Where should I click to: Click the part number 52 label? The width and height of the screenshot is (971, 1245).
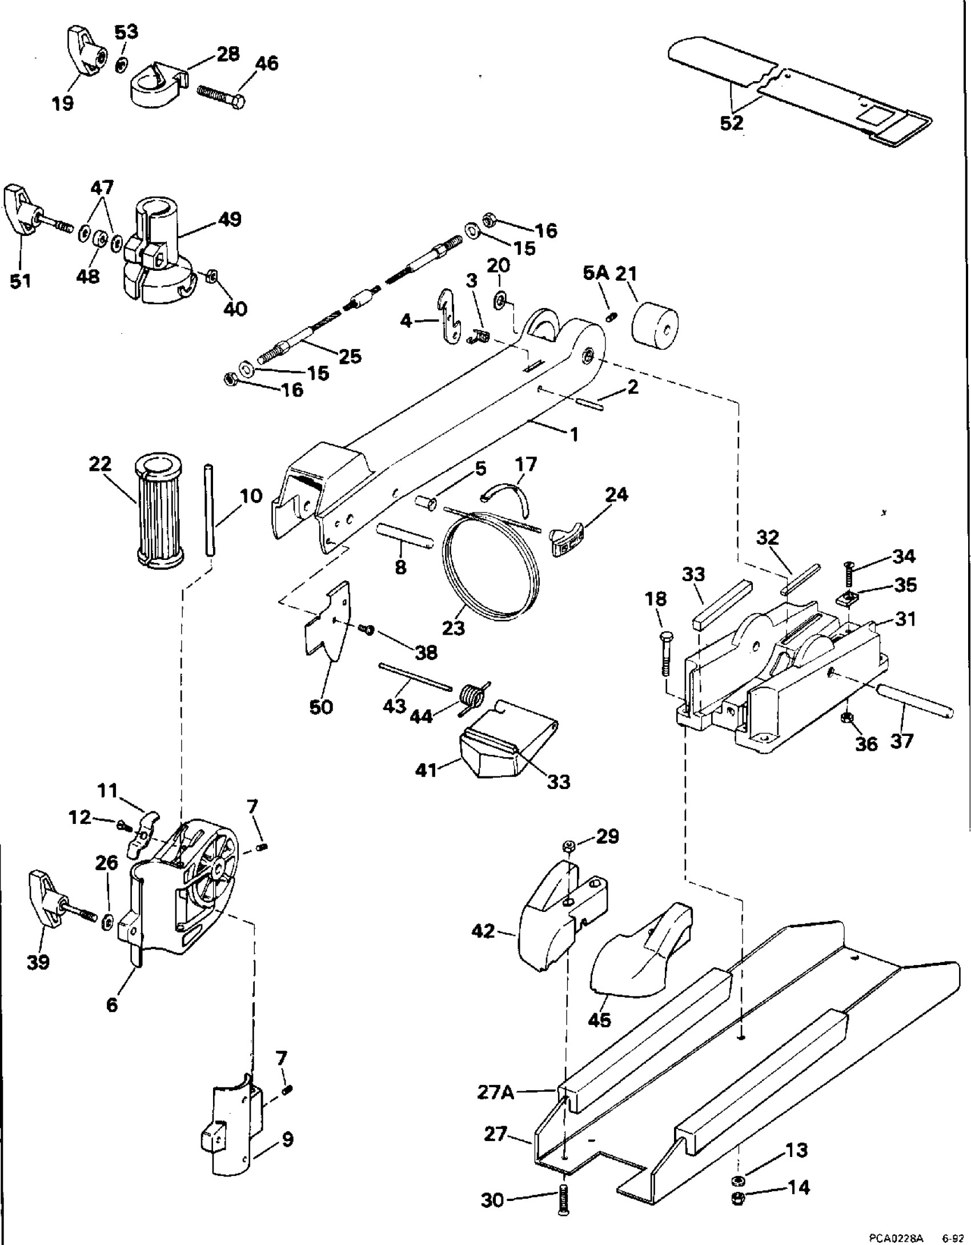click(x=732, y=123)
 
